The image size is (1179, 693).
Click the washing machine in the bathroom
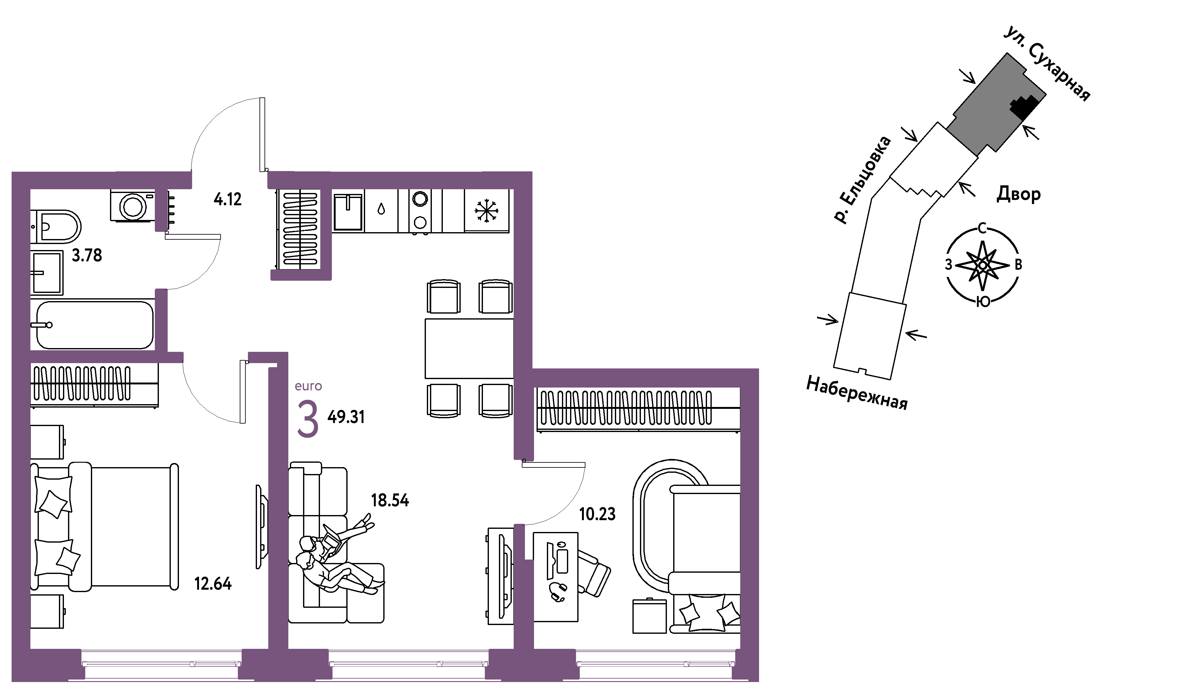pyautogui.click(x=133, y=205)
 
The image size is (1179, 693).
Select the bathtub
pyautogui.click(x=95, y=325)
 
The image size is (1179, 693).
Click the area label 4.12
pyautogui.click(x=228, y=200)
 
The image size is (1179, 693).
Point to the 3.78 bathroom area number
pyautogui.click(x=86, y=255)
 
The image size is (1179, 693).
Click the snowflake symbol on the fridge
pyautogui.click(x=487, y=211)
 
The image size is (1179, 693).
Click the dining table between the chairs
pyautogui.click(x=469, y=348)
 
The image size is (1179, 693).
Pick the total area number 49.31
pyautogui.click(x=346, y=417)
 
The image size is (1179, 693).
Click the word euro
pyautogui.click(x=308, y=386)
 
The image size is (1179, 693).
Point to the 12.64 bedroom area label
pyautogui.click(x=213, y=584)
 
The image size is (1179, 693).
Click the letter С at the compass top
pyautogui.click(x=983, y=229)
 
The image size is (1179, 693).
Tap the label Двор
pyautogui.click(x=1019, y=194)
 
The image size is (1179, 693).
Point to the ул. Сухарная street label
pyautogui.click(x=1047, y=64)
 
